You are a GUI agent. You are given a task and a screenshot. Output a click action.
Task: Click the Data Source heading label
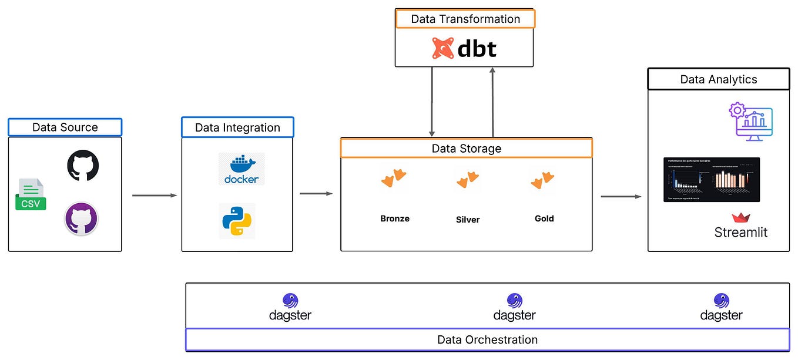pos(65,127)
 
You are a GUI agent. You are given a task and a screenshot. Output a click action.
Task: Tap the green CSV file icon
pos(31,194)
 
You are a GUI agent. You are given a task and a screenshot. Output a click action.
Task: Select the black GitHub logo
pos(83,165)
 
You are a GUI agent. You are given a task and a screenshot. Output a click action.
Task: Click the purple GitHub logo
pos(81,218)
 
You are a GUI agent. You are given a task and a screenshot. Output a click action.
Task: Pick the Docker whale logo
pos(241,169)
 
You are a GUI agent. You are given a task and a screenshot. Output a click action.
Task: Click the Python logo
pos(237,221)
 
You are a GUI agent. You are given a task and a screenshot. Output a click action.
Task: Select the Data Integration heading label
pos(237,127)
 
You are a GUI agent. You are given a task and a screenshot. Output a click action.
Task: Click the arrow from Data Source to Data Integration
pos(154,195)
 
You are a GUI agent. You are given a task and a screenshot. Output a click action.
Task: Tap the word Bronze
pos(395,218)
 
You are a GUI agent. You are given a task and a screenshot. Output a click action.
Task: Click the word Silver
pos(468,220)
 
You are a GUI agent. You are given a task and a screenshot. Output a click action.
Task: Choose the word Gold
pos(544,218)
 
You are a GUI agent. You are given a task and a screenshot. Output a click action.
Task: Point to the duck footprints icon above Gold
pos(542,180)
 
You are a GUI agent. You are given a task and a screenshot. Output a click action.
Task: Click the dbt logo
pos(464,49)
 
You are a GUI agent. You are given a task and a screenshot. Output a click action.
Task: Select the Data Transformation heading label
pos(465,19)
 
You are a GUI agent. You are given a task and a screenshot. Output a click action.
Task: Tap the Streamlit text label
pos(740,232)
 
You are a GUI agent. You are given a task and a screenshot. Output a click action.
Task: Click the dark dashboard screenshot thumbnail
pos(712,180)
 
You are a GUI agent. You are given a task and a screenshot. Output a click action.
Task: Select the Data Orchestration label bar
pos(487,339)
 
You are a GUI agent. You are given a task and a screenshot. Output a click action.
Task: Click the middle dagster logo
pos(514,308)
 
